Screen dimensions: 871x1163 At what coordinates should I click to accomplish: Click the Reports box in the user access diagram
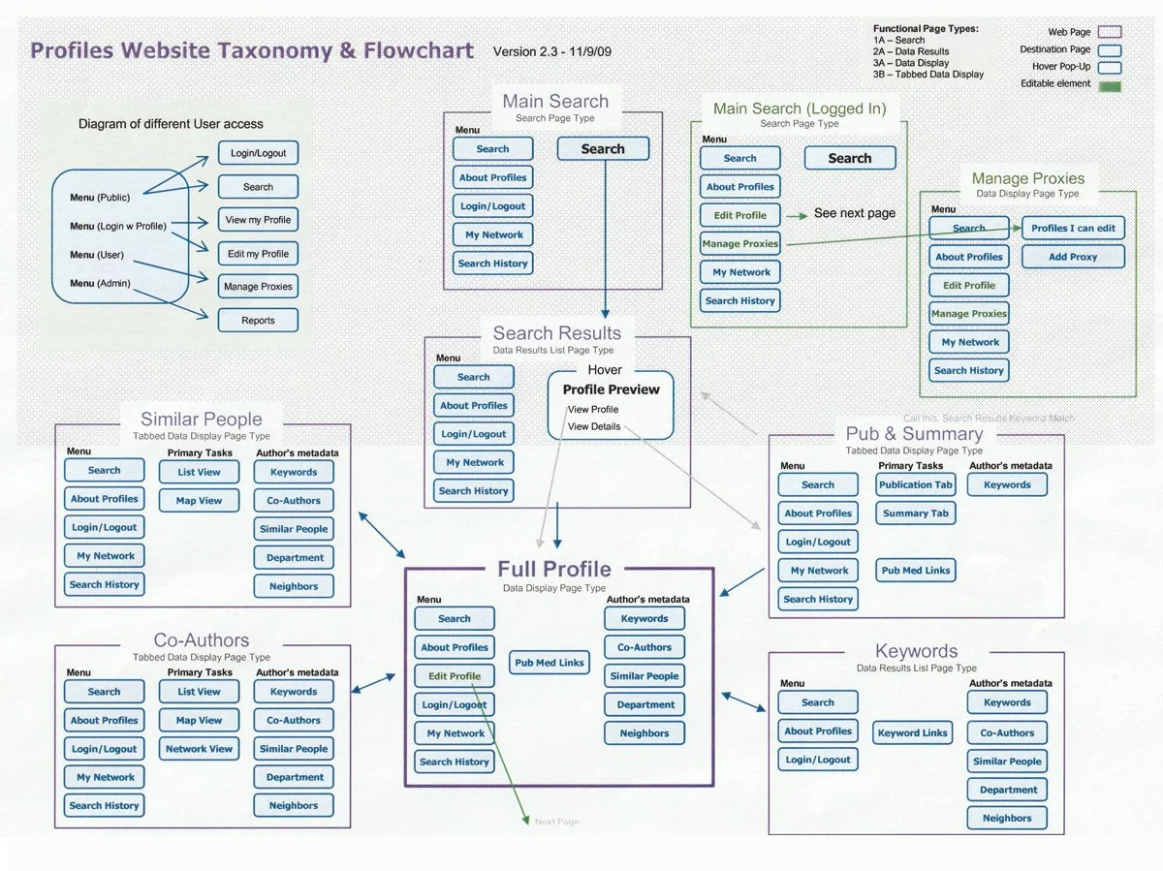point(258,320)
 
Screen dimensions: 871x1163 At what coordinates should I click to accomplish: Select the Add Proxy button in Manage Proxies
point(1072,257)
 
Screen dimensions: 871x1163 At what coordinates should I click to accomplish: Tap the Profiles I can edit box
point(1072,229)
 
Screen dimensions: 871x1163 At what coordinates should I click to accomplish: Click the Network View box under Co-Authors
point(199,749)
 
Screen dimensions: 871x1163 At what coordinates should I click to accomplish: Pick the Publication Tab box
point(916,485)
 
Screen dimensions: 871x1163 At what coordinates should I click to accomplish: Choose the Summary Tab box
point(916,513)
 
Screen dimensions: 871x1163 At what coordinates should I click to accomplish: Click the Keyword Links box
point(912,732)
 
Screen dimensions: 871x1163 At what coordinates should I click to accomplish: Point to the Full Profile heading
point(554,569)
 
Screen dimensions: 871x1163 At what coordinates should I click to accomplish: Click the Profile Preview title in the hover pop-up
point(611,389)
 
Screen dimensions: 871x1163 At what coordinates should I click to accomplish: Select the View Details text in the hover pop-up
point(593,426)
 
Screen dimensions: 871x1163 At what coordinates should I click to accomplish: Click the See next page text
point(855,213)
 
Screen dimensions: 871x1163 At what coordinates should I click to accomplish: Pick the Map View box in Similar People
point(199,501)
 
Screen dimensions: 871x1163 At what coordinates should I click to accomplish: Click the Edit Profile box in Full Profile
point(454,676)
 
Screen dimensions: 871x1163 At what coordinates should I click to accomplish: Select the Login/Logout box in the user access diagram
point(258,153)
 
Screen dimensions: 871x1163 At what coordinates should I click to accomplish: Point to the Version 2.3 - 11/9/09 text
point(552,51)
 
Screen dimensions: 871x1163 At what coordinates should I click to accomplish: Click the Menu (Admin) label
point(100,284)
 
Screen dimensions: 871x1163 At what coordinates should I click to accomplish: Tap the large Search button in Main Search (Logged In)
point(850,158)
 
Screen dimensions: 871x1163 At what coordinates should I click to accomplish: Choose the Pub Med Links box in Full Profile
point(550,663)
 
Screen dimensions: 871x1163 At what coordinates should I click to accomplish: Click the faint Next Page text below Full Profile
point(556,822)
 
